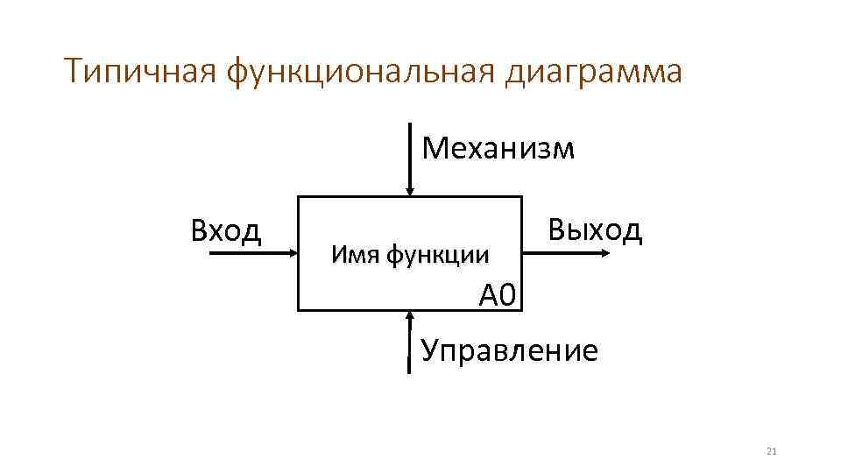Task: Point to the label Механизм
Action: tap(498, 149)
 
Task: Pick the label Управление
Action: tap(510, 350)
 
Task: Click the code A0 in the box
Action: tap(499, 295)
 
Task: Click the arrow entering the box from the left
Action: tap(254, 252)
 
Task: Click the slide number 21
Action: tap(772, 452)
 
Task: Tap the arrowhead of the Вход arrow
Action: tap(293, 252)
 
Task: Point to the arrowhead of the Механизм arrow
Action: tap(409, 190)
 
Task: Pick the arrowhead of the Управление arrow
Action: tap(409, 316)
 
